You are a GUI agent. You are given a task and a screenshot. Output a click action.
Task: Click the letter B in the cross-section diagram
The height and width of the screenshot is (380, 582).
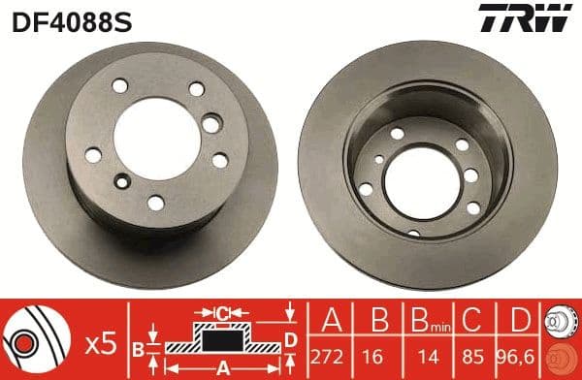138,347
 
